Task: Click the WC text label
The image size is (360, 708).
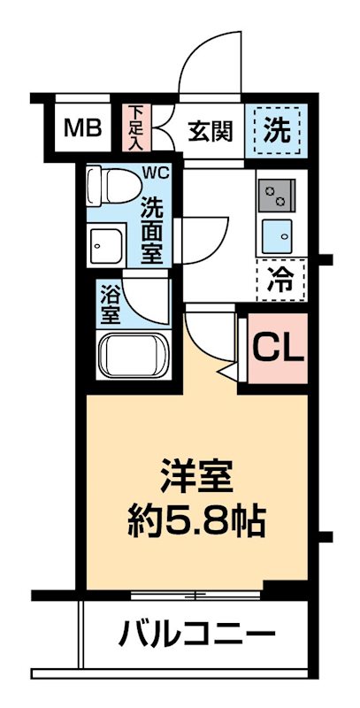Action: (x=157, y=171)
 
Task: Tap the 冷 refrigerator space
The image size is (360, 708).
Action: (x=280, y=281)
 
